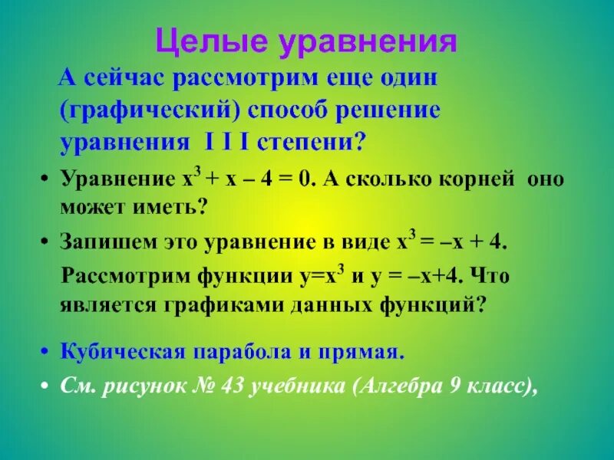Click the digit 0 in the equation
coord(308,180)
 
